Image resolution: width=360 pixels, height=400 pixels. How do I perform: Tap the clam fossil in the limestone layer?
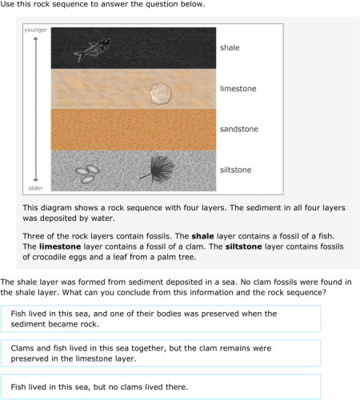click(x=161, y=92)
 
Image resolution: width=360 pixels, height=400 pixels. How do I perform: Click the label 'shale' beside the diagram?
click(x=230, y=48)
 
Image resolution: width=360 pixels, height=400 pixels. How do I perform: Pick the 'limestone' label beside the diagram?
click(x=238, y=88)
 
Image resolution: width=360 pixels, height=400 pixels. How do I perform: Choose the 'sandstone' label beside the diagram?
click(x=239, y=129)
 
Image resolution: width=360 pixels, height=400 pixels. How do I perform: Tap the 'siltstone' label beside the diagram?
click(x=235, y=170)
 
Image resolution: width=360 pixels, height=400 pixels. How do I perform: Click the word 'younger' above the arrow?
click(x=35, y=30)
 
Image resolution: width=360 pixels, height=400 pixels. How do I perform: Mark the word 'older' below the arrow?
click(x=35, y=189)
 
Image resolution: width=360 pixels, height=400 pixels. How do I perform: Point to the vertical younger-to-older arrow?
click(x=35, y=109)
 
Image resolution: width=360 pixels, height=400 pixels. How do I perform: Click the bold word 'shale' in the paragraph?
click(x=203, y=235)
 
